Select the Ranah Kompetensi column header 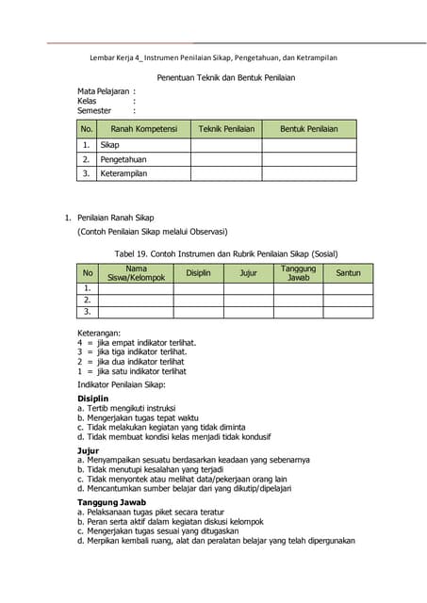tap(143, 129)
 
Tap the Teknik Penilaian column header tap(226, 129)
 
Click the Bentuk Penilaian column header tap(308, 129)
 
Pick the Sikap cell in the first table tap(110, 146)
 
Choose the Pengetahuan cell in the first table tap(125, 160)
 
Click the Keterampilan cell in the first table tap(124, 174)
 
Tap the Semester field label tap(94, 111)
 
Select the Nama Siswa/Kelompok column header tap(136, 273)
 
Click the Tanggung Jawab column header tap(298, 273)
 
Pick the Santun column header tap(348, 273)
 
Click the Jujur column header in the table tap(248, 273)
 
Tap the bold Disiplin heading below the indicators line tap(93, 399)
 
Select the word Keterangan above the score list tap(99, 334)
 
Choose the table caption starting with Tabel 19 tap(225, 253)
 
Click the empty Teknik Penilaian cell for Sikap tap(226, 146)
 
